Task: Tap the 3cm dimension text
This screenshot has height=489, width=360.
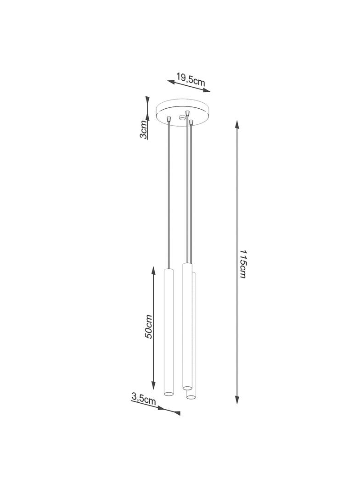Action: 144,130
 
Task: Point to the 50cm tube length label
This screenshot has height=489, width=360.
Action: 148,327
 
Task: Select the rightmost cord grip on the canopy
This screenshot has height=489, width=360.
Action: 191,122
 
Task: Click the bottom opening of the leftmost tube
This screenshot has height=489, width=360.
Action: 169,393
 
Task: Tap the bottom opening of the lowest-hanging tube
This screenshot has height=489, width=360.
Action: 191,395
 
